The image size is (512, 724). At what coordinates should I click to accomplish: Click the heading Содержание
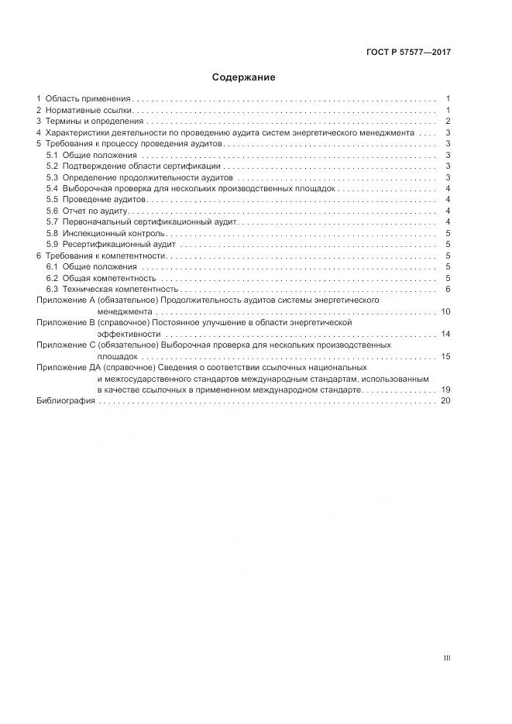click(x=244, y=77)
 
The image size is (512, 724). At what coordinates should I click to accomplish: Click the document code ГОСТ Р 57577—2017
click(x=408, y=53)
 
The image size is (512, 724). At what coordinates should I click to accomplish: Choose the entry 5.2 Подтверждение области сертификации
click(x=133, y=166)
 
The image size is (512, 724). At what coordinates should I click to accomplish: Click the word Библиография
click(x=66, y=400)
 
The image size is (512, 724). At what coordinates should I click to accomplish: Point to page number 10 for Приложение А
click(x=445, y=311)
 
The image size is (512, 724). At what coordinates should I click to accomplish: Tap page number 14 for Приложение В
click(x=445, y=334)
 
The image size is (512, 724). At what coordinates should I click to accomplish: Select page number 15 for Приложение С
click(x=445, y=356)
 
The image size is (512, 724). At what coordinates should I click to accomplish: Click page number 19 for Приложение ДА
click(x=445, y=389)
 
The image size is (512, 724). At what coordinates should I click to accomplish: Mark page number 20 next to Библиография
click(x=445, y=400)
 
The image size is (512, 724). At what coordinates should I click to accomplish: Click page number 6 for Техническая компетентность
click(x=448, y=289)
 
